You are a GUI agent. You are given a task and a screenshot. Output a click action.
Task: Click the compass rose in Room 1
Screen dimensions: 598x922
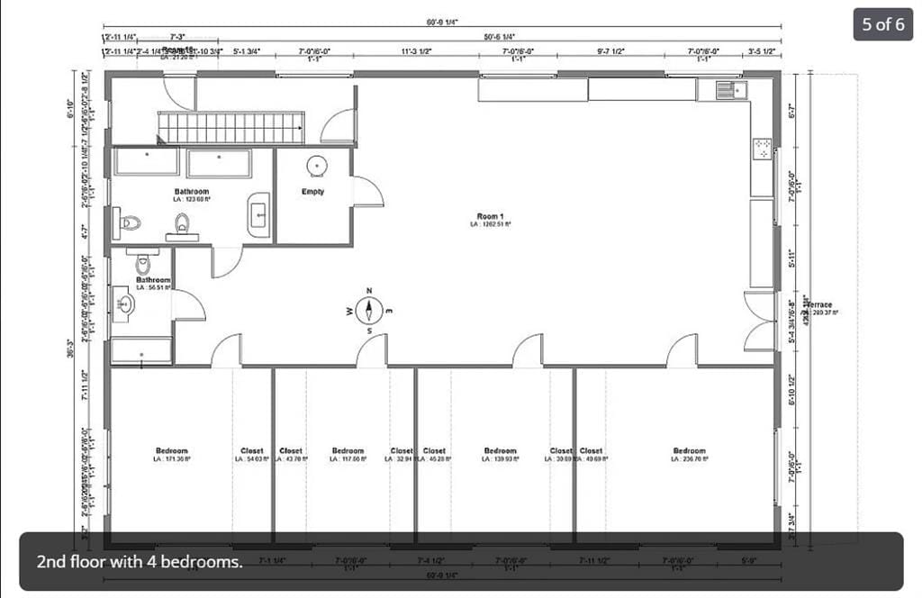[369, 310]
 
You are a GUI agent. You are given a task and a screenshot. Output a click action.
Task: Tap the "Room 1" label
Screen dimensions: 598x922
[491, 216]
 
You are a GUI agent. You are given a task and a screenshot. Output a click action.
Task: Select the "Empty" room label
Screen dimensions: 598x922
[312, 192]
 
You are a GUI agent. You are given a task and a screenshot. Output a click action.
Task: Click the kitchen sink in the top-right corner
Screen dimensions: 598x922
[726, 89]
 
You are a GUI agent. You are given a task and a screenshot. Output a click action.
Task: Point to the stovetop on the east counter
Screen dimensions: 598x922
[762, 149]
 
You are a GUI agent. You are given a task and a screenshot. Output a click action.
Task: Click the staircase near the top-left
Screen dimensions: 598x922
[230, 127]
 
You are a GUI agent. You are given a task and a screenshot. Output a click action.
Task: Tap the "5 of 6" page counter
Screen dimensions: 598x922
[882, 24]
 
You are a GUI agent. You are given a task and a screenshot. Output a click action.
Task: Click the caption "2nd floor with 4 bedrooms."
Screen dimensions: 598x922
[140, 561]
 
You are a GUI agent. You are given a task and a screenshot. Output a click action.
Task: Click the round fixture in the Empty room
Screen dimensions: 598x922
[316, 166]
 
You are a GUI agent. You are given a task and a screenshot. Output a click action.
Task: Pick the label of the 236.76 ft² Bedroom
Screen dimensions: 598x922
[690, 451]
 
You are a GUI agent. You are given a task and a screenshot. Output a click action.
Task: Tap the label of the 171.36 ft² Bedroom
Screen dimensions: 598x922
[171, 451]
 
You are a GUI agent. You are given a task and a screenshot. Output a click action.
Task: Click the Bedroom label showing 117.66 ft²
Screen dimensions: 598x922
[348, 451]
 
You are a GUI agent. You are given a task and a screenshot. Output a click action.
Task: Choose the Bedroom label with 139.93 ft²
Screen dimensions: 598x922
[500, 451]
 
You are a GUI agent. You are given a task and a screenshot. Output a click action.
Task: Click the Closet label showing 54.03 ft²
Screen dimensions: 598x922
[252, 451]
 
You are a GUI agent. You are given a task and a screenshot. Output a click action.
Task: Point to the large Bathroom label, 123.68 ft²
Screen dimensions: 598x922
[191, 192]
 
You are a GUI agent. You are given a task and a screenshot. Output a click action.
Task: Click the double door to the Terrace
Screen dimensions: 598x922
[759, 321]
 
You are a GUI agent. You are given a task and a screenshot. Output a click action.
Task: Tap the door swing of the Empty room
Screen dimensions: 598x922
[366, 192]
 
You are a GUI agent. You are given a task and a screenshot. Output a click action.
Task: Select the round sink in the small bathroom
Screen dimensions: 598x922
[123, 304]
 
